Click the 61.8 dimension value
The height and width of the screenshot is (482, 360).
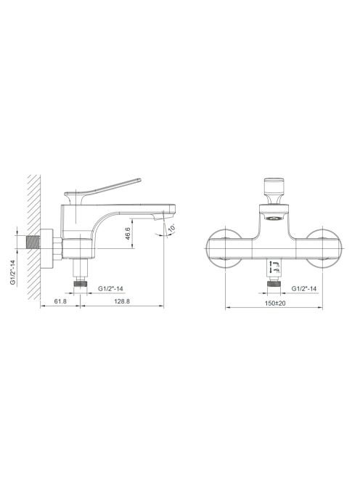point(60,301)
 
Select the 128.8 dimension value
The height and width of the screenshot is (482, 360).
point(122,301)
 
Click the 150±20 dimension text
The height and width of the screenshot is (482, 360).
point(275,303)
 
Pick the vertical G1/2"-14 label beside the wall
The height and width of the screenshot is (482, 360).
point(13,272)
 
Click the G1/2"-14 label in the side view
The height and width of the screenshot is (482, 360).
point(110,289)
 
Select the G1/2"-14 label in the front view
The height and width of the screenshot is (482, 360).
point(303,289)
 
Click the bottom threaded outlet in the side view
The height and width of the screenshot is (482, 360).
point(81,282)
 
